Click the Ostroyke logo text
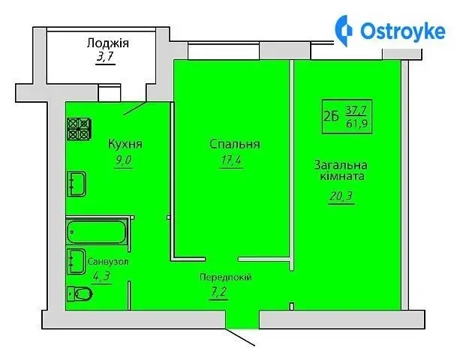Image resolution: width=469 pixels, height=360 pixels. (x=403, y=31)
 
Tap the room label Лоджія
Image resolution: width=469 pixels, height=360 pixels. (x=107, y=43)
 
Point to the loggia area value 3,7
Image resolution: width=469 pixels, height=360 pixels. (x=105, y=56)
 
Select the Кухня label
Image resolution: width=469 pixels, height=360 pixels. (x=125, y=144)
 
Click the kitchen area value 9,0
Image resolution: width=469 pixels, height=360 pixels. (x=123, y=160)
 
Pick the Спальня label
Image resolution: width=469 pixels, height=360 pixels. (x=234, y=144)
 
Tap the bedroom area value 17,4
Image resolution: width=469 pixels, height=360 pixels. (x=231, y=160)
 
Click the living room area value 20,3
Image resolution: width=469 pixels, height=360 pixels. (x=341, y=196)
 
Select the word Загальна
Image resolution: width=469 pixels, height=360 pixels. (x=341, y=165)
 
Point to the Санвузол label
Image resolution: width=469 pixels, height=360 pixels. (x=108, y=262)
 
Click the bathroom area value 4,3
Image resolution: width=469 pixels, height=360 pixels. (x=102, y=277)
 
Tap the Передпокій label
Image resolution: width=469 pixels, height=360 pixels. (x=226, y=277)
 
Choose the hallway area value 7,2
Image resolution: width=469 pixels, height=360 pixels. (x=219, y=292)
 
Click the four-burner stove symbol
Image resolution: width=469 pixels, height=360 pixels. (x=80, y=129)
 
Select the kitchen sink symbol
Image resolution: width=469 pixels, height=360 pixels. (x=77, y=184)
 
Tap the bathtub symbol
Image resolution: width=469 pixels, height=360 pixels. (x=96, y=232)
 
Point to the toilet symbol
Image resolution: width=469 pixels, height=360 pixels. (x=80, y=294)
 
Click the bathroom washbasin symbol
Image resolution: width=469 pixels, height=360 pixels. (x=77, y=261)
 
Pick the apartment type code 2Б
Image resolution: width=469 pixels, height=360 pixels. (x=331, y=116)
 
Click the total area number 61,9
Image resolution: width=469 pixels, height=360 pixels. (x=356, y=124)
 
